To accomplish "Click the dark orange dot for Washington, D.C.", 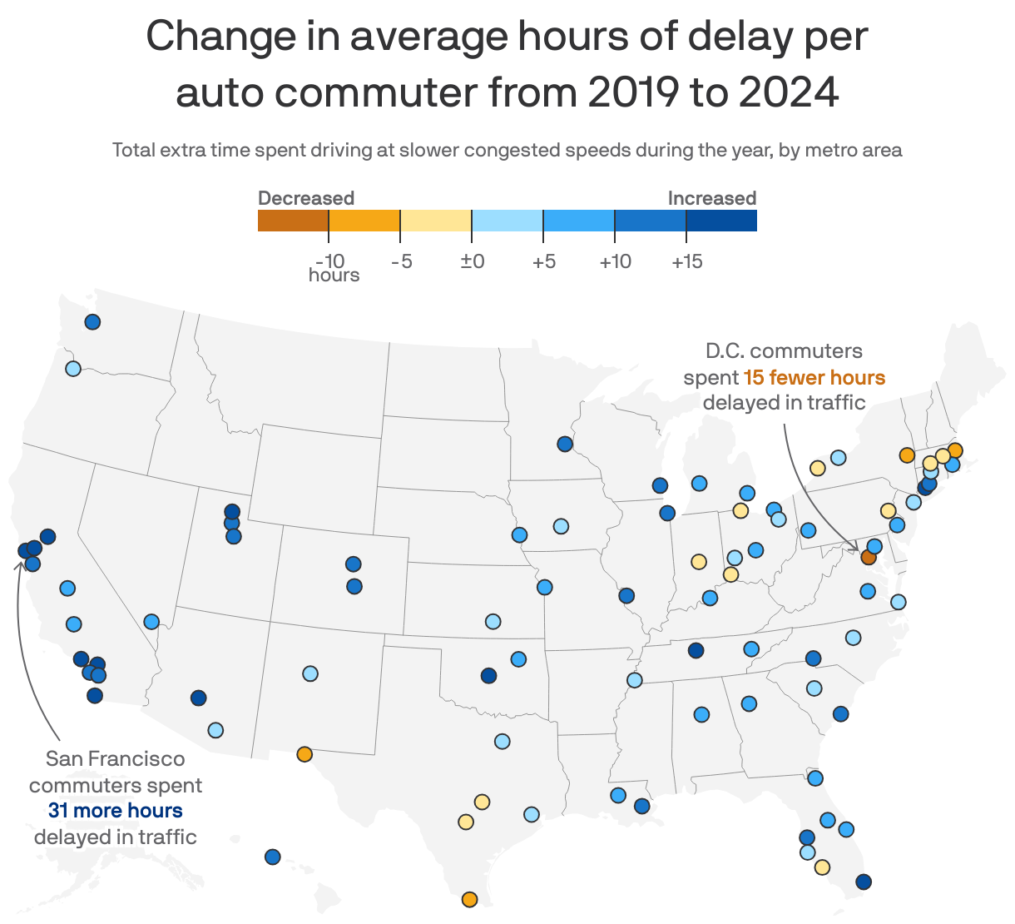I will pos(868,557).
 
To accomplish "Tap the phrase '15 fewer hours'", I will pos(814,378).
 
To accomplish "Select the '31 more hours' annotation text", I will pos(115,811).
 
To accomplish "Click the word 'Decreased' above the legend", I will pos(305,198).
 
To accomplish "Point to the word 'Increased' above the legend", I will pos(711,198).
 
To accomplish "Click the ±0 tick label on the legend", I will pos(472,261).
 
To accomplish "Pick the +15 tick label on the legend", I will pos(686,261).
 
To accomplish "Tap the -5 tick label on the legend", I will pos(401,261).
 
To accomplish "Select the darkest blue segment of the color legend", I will pos(721,221).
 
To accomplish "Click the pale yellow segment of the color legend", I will pos(436,221).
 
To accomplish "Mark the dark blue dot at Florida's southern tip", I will pos(863,882).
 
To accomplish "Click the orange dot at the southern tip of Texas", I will pos(469,899).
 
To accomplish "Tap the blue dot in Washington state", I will pos(92,321).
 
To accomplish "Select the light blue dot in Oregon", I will pos(72,369).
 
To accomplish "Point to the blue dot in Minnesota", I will pos(565,444).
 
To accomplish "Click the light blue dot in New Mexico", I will pos(309,673).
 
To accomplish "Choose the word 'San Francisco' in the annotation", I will pos(115,759).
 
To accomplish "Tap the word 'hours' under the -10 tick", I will pos(334,275).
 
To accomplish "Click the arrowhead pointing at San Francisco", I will pos(19,564).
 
